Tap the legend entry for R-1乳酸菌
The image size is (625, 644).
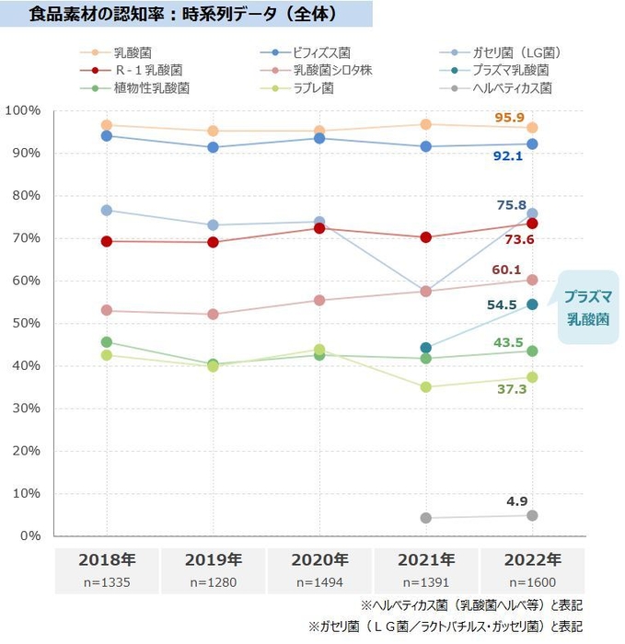(147, 70)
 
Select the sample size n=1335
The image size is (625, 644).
(107, 581)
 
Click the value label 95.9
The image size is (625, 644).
(509, 117)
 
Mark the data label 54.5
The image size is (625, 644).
(502, 305)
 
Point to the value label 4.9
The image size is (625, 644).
(516, 501)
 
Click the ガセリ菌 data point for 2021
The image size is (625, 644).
(426, 291)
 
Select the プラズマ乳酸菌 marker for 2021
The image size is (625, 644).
(426, 348)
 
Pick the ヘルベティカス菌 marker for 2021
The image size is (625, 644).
(426, 518)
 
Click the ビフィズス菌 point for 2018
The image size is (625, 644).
(107, 135)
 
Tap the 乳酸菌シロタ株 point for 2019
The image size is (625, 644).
(214, 314)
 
